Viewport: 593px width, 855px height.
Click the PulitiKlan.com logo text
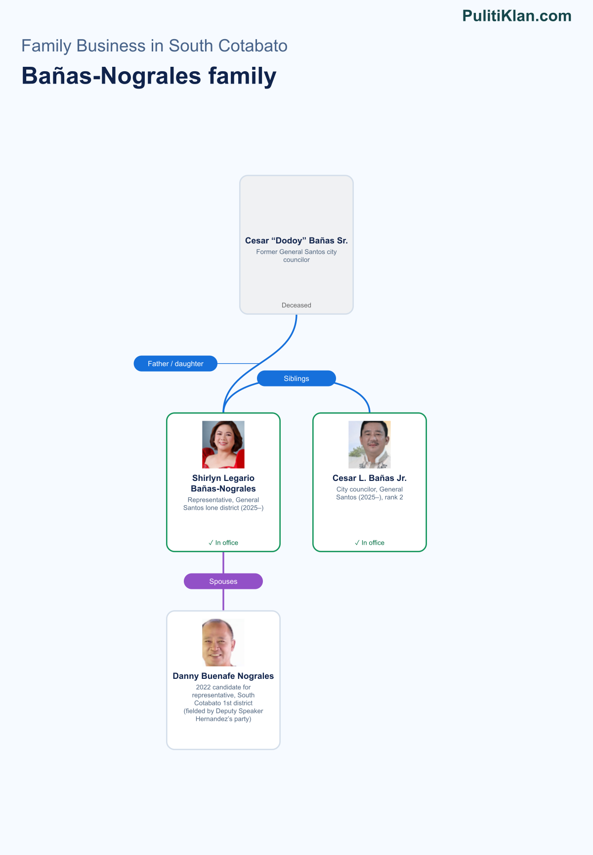click(517, 16)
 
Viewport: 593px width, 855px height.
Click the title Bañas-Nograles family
click(149, 76)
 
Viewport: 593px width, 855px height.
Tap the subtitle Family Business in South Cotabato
click(154, 46)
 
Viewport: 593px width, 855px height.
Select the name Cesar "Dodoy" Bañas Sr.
click(296, 240)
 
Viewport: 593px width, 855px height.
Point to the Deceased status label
click(296, 305)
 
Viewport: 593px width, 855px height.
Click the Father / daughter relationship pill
click(175, 364)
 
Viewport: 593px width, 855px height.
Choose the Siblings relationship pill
click(296, 379)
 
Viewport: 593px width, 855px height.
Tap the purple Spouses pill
click(223, 581)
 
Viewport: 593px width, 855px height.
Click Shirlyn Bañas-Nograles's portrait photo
click(223, 445)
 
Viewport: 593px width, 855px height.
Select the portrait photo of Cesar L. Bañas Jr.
click(370, 445)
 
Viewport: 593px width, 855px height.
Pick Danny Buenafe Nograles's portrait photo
click(223, 643)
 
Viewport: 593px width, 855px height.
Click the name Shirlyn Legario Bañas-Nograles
click(223, 483)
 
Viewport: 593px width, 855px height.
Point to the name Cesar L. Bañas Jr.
click(370, 478)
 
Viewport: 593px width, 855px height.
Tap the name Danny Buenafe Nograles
click(223, 676)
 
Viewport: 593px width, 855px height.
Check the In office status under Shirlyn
click(223, 543)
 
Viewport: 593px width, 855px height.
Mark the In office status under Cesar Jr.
click(370, 543)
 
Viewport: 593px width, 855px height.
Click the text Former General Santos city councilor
click(296, 256)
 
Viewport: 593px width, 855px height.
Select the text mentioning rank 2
click(370, 493)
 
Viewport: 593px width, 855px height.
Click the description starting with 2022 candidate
click(223, 703)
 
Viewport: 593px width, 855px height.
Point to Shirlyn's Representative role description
click(223, 504)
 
